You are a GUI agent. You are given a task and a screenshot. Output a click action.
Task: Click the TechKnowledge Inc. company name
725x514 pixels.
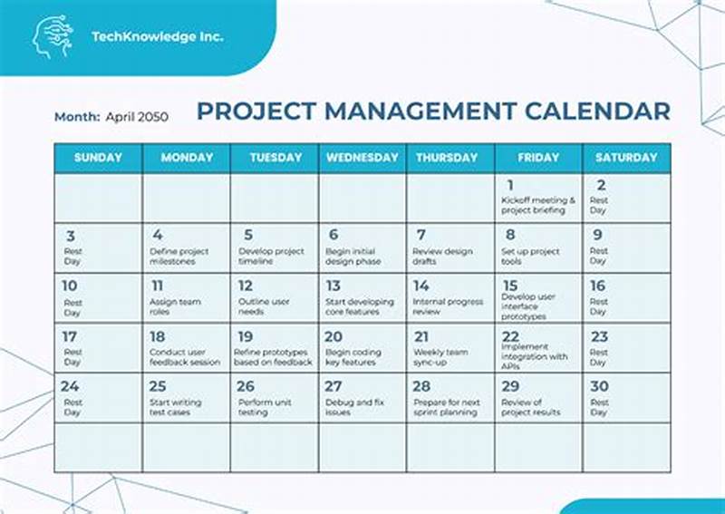pos(157,37)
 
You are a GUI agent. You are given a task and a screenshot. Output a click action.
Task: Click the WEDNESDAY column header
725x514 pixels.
pos(362,158)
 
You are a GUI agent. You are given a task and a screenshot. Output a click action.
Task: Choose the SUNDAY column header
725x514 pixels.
pos(98,158)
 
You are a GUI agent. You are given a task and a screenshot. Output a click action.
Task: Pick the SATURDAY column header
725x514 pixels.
pos(626,158)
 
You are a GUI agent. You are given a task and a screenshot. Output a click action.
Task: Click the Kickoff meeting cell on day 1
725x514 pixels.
pos(538,205)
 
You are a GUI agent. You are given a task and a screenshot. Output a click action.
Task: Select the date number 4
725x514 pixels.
pos(157,235)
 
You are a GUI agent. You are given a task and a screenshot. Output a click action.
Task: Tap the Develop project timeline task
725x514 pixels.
pos(271,257)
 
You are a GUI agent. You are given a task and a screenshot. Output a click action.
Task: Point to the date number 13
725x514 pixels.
pos(333,286)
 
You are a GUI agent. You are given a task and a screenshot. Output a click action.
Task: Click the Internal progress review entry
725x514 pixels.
pos(448,306)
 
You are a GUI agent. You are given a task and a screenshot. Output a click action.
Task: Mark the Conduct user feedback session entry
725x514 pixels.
pos(185,357)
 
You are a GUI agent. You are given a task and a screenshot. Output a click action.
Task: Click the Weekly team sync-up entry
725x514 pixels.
pos(440,357)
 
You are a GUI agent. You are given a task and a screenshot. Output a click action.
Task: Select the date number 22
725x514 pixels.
pos(510,336)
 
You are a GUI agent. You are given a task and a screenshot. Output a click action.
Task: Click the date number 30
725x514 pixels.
pos(599,386)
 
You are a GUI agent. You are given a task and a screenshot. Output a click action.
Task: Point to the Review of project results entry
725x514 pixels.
pos(531,407)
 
